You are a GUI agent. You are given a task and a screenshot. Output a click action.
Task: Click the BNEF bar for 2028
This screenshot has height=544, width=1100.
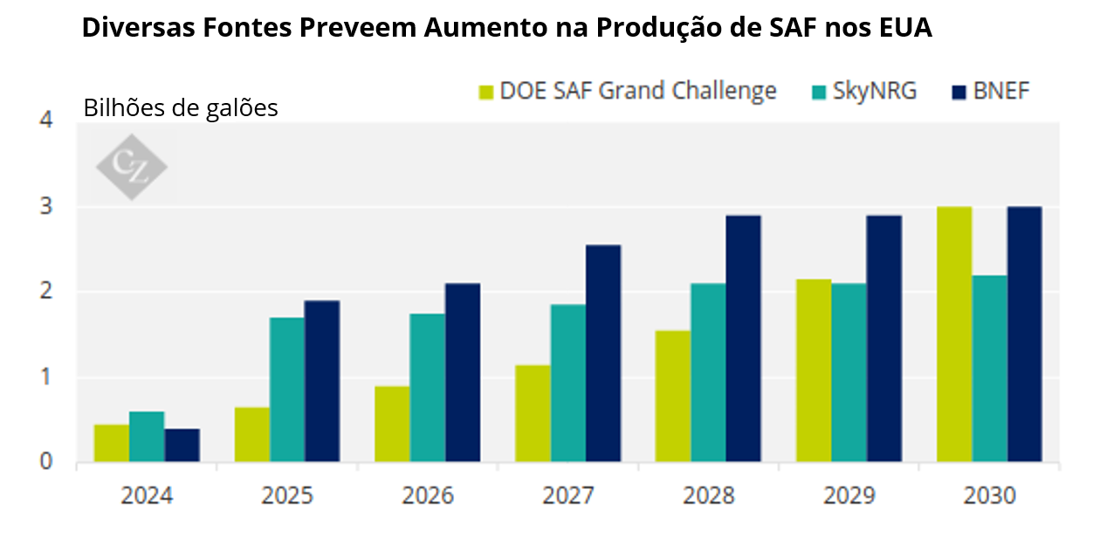click(x=743, y=339)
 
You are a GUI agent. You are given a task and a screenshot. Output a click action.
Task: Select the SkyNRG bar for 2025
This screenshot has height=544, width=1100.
click(x=287, y=389)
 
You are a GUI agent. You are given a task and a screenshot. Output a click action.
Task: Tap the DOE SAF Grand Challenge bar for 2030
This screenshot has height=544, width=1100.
click(x=954, y=334)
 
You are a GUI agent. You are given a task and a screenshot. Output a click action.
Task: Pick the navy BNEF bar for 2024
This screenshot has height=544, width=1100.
click(x=182, y=445)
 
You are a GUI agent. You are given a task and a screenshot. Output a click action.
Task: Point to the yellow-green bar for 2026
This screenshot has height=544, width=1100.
click(x=392, y=424)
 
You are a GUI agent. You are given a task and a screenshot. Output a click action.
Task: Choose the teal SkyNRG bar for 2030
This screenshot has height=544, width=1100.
click(x=989, y=368)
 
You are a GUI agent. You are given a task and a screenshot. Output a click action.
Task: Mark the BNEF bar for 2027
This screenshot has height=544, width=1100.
click(x=602, y=354)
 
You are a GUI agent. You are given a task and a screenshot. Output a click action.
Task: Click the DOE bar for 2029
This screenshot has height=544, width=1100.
click(x=814, y=370)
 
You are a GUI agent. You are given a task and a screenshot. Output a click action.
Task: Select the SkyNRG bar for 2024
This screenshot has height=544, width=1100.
click(x=147, y=437)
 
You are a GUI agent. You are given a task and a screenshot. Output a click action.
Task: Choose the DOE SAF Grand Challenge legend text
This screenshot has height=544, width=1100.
click(x=638, y=91)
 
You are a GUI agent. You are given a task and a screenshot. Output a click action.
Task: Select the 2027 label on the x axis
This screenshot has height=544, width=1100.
click(x=567, y=496)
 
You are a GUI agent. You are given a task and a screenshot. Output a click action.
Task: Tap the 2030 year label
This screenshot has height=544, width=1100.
click(x=989, y=496)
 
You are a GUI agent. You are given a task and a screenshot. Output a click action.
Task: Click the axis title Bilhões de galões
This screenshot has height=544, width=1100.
click(x=181, y=109)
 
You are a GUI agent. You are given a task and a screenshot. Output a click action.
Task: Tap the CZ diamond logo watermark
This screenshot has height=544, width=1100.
click(x=131, y=166)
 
